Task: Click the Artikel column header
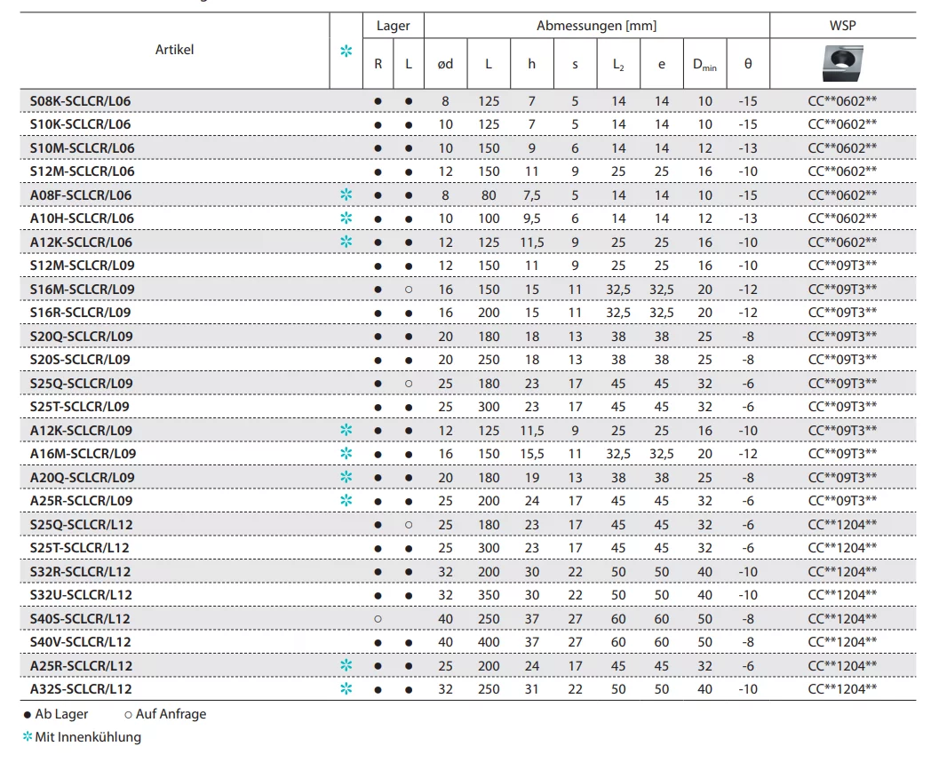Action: click(174, 50)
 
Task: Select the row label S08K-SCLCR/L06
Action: click(80, 101)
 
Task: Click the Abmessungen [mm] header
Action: click(596, 27)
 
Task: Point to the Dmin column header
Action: click(704, 64)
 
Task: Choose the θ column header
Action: click(747, 64)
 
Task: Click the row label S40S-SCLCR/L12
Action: click(80, 618)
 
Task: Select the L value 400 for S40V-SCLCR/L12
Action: click(489, 642)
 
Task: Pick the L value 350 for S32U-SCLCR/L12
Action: click(489, 595)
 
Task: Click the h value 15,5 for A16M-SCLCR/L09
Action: click(532, 454)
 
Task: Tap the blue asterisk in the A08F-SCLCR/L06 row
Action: click(346, 194)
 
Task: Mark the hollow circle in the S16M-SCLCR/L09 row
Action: click(409, 290)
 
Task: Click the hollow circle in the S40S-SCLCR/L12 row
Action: click(378, 618)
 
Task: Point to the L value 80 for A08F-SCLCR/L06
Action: click(489, 194)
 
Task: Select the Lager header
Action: click(393, 27)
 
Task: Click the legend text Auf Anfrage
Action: click(171, 714)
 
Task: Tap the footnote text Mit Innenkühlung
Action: click(88, 737)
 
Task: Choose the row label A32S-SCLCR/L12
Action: click(81, 689)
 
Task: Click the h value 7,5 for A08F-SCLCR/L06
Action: click(532, 194)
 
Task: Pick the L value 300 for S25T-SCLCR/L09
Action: click(489, 407)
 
